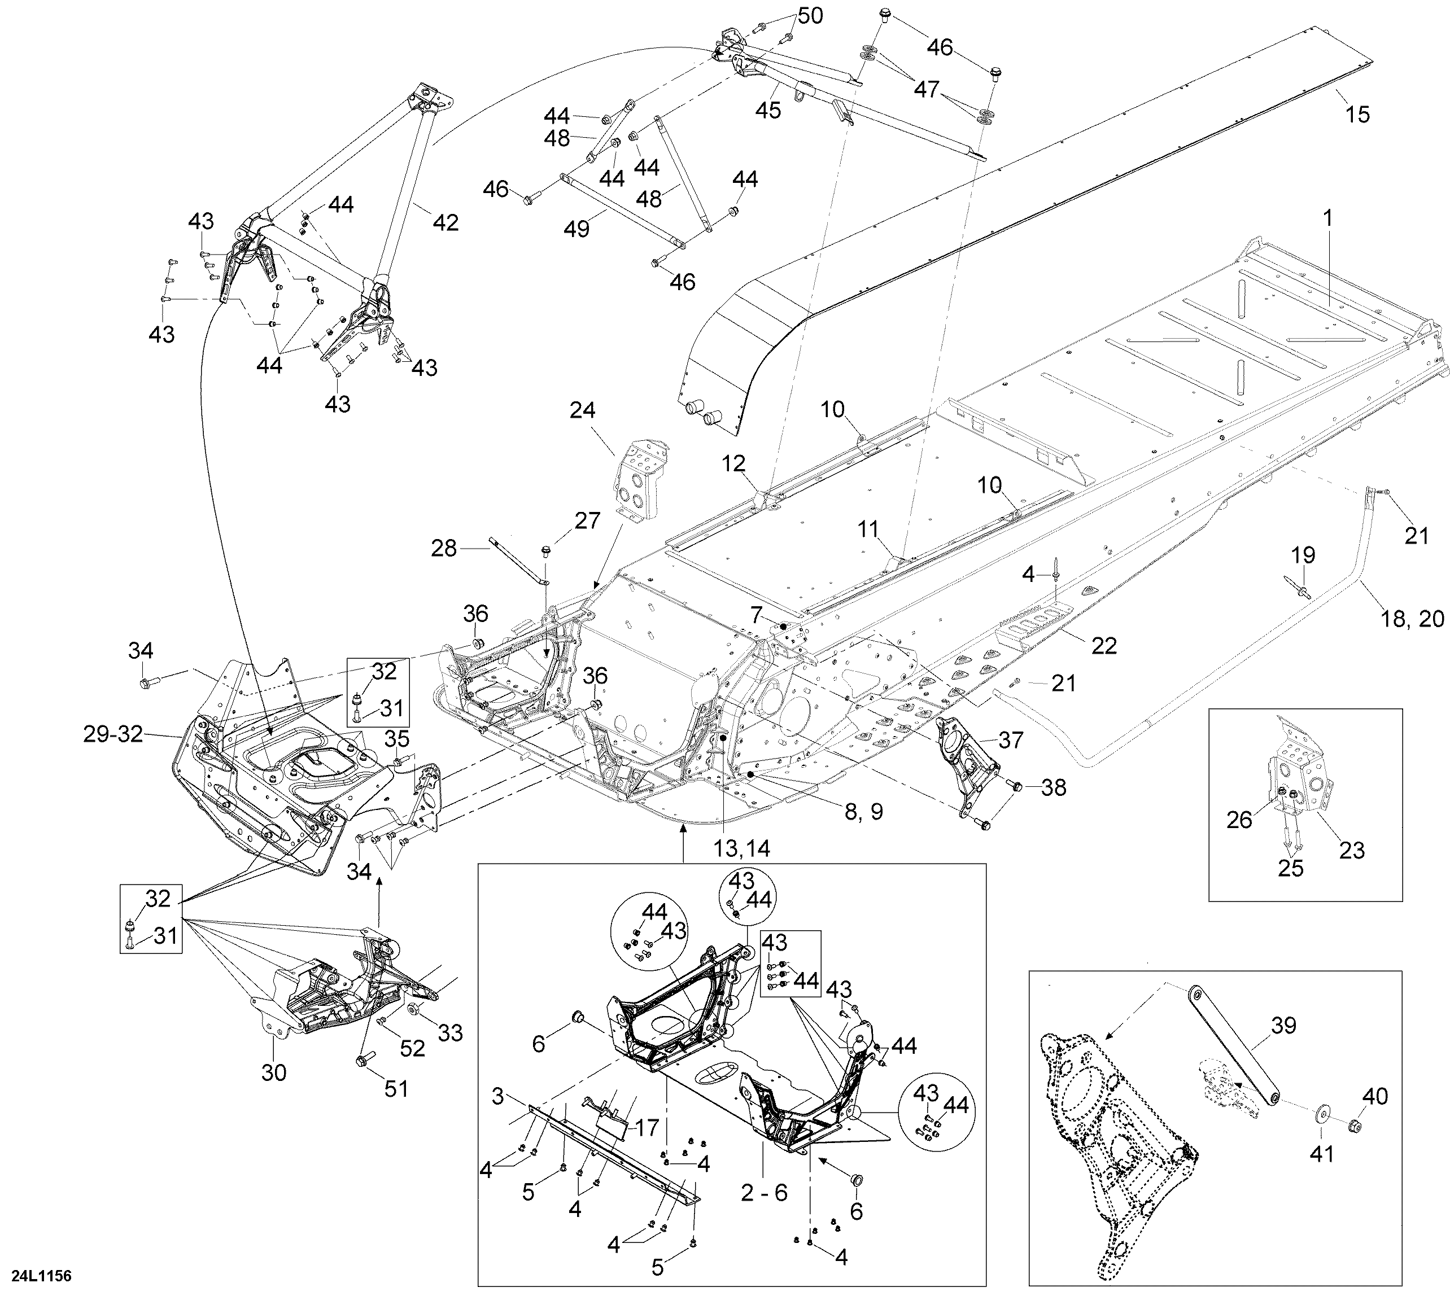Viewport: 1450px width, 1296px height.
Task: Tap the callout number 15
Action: (1358, 114)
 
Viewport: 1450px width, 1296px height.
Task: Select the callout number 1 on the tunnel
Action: (1327, 218)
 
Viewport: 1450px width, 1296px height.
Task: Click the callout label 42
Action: (446, 222)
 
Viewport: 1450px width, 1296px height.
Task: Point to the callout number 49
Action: (576, 229)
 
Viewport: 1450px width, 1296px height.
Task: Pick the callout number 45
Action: (768, 110)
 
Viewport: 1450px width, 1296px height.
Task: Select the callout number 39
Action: (1283, 1026)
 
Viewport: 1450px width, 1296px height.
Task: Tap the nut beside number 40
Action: (1357, 1126)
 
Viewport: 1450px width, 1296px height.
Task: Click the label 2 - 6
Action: (764, 1192)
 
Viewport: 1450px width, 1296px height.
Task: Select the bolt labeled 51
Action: (361, 1062)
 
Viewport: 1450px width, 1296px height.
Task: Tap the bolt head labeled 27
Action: (547, 550)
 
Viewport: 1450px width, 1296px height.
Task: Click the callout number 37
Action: (1011, 740)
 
